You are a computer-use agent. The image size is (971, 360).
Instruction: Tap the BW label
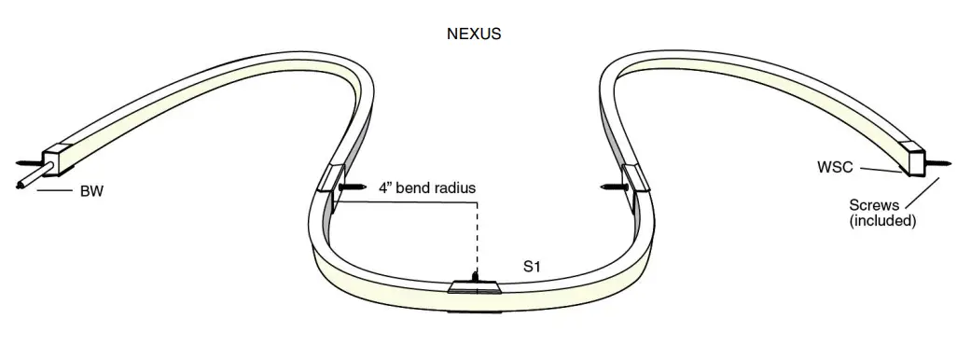click(x=91, y=192)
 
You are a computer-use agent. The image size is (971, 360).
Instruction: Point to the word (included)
click(x=882, y=222)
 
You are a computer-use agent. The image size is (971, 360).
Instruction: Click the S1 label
click(x=533, y=267)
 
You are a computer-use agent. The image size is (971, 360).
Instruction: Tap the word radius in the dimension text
click(x=454, y=187)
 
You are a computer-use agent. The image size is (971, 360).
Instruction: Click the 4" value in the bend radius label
click(x=386, y=187)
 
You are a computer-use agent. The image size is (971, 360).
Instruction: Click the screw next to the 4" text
click(x=354, y=187)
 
